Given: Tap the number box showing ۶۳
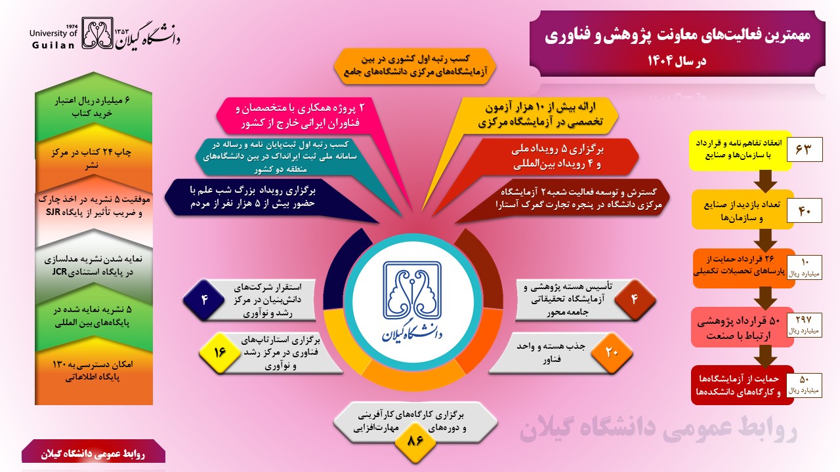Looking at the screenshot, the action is coord(805,149).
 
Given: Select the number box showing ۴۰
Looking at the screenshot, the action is coord(805,210).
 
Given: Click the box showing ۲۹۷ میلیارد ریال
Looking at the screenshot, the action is coord(805,324).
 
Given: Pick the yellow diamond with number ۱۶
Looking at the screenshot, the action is coord(220,353).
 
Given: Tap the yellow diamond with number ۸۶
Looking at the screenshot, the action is coord(415,441).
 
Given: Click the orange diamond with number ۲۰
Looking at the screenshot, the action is coord(612,353).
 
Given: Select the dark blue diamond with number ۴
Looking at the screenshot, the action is coord(204,300).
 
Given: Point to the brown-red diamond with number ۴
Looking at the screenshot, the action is coord(635,300).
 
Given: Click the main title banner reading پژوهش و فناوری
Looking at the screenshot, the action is coord(677,44).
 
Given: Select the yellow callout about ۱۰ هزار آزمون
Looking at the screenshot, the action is coord(540,115).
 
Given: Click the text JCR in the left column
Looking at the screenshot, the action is coord(59,271).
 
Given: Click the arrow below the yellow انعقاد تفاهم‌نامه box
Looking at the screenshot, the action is coord(765,182).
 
